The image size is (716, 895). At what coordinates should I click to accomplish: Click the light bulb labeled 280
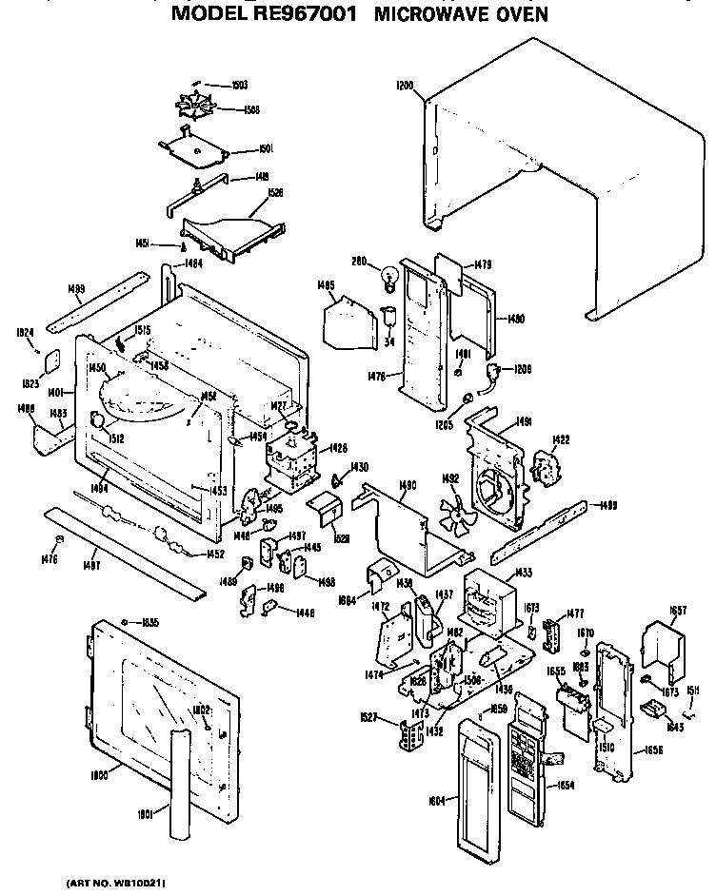[388, 277]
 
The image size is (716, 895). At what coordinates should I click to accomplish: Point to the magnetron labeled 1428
[291, 464]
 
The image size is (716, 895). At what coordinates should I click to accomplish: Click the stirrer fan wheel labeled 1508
[199, 108]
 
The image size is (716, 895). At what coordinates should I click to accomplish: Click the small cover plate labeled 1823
[52, 361]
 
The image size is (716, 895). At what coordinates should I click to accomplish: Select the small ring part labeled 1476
[58, 540]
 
